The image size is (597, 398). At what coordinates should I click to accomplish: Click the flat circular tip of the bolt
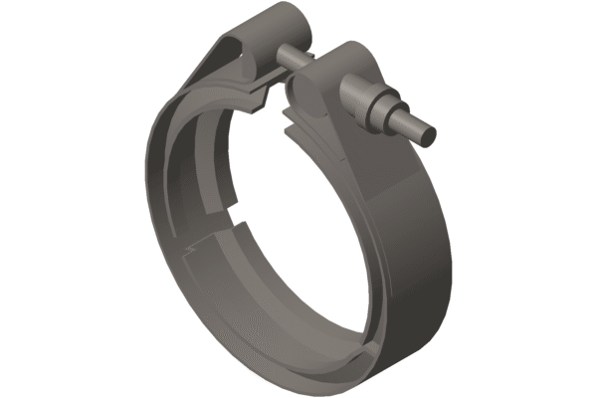(427, 127)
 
